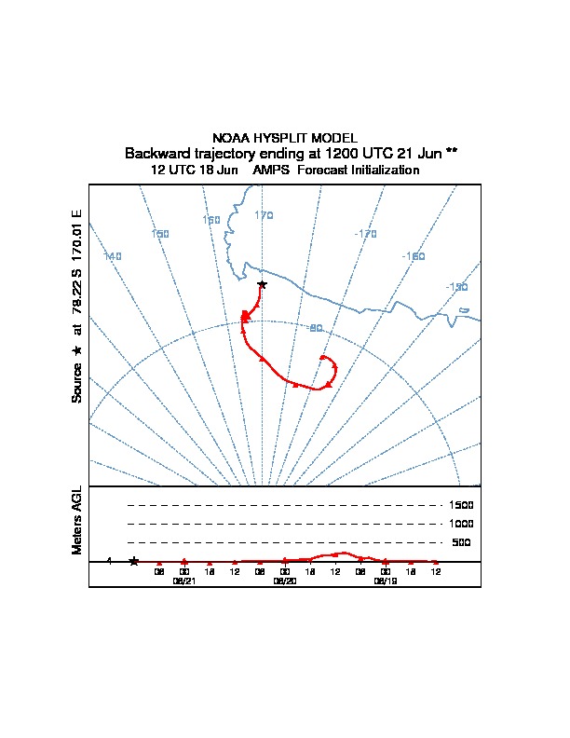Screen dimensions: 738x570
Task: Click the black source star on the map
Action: [262, 284]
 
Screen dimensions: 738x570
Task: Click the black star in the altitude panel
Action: [134, 561]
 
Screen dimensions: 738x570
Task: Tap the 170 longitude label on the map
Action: [264, 215]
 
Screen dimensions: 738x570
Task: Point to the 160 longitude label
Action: [211, 220]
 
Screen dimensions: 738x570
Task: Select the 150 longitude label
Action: [160, 234]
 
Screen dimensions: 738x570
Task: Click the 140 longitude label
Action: [113, 256]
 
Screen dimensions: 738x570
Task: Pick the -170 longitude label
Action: [366, 234]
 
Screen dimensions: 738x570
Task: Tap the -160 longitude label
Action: [414, 256]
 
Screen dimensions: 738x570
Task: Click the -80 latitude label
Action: [315, 328]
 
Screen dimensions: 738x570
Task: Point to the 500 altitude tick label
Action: [462, 542]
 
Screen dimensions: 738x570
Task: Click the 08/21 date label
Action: [184, 580]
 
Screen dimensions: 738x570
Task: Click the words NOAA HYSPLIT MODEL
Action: [285, 137]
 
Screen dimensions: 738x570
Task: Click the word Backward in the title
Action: [153, 153]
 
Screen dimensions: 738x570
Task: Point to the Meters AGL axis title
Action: [77, 521]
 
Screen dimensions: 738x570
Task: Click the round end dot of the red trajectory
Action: [322, 357]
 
